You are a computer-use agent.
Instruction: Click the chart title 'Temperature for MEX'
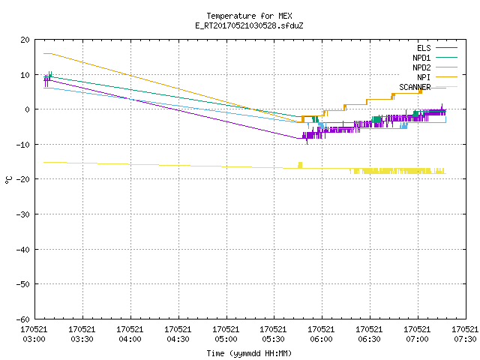click(249, 16)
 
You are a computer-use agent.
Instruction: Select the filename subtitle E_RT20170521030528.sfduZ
click(249, 25)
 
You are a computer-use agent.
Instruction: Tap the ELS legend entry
click(424, 48)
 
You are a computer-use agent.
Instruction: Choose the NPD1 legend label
click(421, 58)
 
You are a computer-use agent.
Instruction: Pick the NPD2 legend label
click(421, 67)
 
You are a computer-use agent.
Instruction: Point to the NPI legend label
click(424, 77)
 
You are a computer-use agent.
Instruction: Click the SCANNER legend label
click(415, 87)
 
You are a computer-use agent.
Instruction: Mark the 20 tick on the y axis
click(25, 40)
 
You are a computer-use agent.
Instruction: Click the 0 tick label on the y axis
click(28, 109)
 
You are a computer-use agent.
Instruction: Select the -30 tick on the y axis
click(23, 214)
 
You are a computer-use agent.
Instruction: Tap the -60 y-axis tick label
click(23, 319)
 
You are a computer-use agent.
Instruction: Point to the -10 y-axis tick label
click(23, 145)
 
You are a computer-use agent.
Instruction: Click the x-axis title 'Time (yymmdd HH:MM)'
click(249, 353)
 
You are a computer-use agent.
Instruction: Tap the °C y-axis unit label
click(8, 180)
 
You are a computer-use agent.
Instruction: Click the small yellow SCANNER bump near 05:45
click(300, 165)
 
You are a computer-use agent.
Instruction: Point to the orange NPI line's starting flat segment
click(48, 53)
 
